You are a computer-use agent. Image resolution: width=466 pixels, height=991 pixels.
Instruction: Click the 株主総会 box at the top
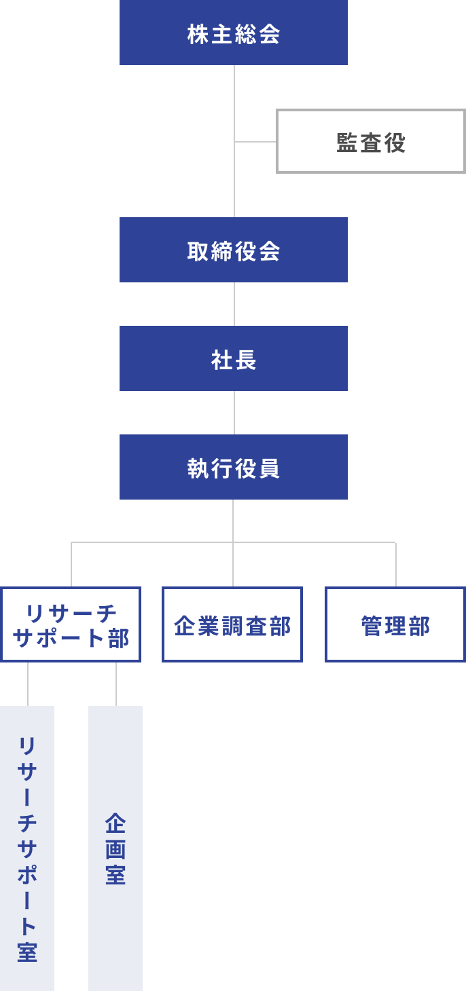(233, 33)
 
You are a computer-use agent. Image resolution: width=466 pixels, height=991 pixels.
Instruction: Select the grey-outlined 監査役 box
(370, 141)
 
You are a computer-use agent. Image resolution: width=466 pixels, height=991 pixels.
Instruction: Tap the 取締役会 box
(233, 250)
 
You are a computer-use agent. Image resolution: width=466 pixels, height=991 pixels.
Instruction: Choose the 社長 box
(233, 358)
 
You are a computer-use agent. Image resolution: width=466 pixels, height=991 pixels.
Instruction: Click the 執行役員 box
(233, 467)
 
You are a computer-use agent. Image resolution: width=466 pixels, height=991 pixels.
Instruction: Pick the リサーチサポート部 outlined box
(71, 624)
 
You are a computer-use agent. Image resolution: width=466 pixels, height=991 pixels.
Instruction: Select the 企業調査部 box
(232, 624)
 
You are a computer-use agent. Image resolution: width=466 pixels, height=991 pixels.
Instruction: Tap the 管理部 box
(395, 624)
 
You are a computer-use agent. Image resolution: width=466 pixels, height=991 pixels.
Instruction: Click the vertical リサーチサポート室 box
(27, 848)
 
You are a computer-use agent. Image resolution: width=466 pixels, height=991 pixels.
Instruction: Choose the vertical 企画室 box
(115, 848)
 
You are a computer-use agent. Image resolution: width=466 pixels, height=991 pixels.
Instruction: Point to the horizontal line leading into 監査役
(255, 142)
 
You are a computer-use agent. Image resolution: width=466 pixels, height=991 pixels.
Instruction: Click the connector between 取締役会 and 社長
(234, 304)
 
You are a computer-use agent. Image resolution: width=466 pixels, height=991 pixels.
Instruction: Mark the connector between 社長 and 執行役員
(234, 413)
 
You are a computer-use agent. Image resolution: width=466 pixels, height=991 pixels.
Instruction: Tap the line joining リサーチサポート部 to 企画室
(116, 684)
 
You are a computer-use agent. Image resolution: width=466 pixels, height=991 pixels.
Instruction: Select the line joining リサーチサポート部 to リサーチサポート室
(28, 684)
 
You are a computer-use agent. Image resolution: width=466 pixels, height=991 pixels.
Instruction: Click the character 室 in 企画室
(115, 874)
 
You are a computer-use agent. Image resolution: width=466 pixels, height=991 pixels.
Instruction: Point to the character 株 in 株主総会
(198, 34)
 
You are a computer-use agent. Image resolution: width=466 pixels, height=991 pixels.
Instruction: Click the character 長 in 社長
(246, 360)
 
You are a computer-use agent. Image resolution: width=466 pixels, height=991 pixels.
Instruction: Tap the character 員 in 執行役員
(270, 468)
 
